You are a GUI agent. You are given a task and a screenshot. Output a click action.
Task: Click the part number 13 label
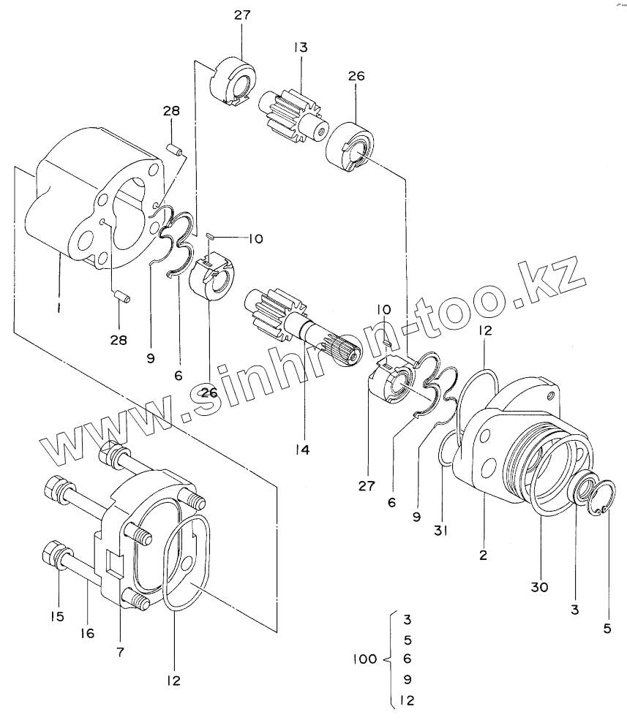(301, 48)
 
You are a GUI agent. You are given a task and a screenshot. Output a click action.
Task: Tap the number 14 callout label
(302, 450)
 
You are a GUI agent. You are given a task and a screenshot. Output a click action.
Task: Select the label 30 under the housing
(540, 587)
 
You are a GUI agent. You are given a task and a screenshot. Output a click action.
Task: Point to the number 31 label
(441, 531)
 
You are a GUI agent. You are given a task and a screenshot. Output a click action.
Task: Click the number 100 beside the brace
(365, 659)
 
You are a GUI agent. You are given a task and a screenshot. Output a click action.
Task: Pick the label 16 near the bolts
(87, 634)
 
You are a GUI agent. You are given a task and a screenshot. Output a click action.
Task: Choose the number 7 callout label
(121, 652)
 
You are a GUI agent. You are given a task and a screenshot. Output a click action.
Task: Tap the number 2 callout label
(483, 555)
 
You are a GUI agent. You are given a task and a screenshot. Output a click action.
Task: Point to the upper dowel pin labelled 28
(175, 149)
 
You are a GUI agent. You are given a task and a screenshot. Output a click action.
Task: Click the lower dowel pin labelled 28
(124, 296)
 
